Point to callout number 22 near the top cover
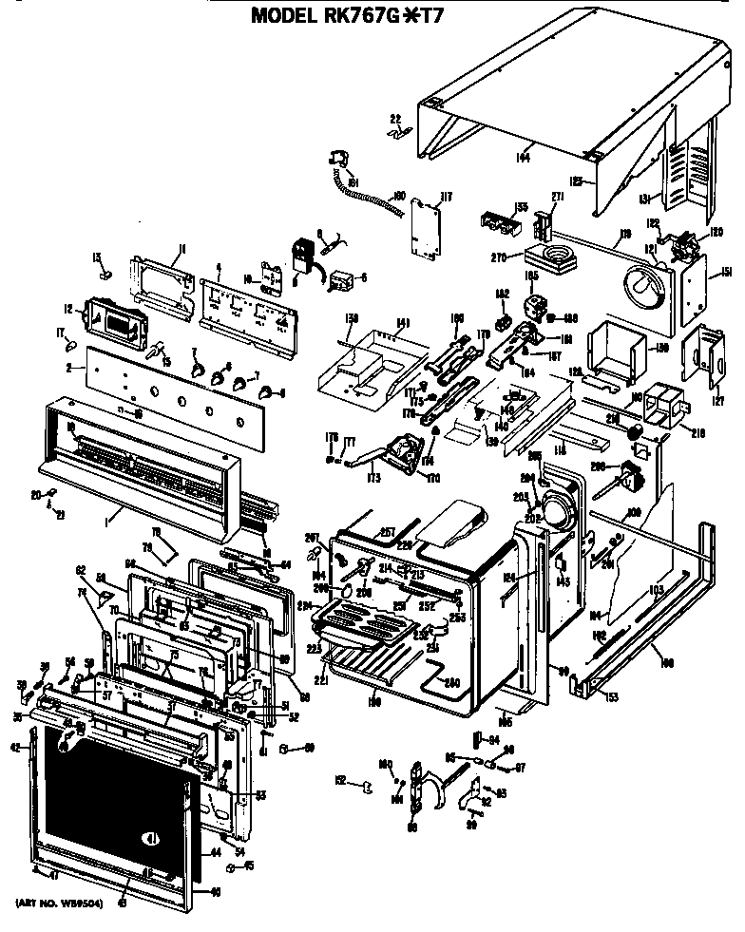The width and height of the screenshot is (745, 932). point(394,119)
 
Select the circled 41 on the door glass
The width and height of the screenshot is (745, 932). point(150,838)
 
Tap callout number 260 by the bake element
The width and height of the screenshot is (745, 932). point(452,683)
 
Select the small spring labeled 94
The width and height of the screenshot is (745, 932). point(477,740)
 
